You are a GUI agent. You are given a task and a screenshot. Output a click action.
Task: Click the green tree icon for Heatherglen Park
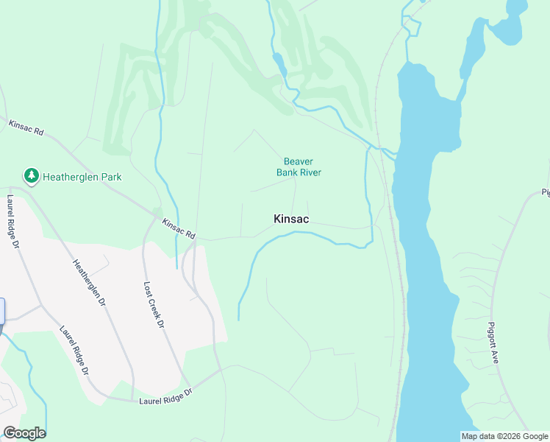tap(31, 176)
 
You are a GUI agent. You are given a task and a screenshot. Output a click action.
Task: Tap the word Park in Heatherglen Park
tap(109, 177)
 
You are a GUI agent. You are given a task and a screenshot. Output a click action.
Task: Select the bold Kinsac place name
tap(291, 219)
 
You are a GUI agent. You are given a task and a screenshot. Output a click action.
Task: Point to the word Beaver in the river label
tap(299, 162)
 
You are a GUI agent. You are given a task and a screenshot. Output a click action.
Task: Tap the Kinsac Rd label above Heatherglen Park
tap(26, 127)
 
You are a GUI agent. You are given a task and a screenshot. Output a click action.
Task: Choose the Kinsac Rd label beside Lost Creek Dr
tap(179, 228)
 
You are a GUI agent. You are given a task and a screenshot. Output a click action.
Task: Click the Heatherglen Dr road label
tap(90, 284)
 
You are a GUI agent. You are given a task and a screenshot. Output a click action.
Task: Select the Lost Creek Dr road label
tap(153, 305)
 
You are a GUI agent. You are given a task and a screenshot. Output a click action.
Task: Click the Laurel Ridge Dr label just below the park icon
tap(14, 221)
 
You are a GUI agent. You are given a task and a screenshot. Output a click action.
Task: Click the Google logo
tap(24, 433)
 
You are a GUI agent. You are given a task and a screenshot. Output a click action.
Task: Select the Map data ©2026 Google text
tap(504, 436)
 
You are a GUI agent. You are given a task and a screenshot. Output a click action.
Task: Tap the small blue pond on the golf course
tap(279, 63)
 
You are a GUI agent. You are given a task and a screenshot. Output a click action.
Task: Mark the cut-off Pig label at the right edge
tap(546, 193)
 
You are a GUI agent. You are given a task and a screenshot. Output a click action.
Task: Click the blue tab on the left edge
tap(2, 310)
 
